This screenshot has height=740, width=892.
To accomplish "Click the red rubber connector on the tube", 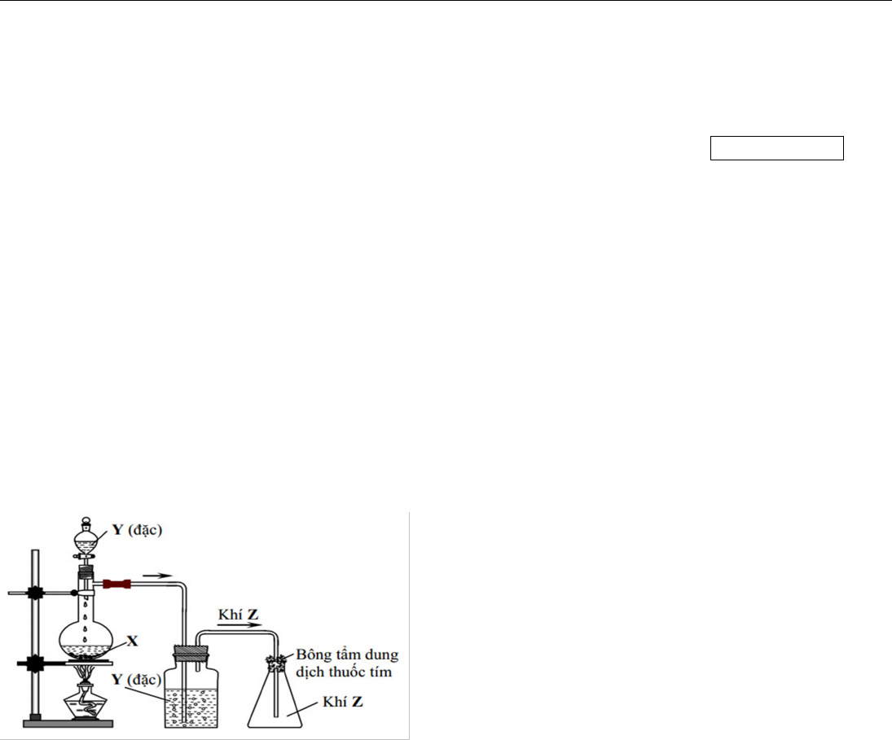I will [x=117, y=584].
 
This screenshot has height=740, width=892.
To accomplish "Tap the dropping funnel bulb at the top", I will [x=87, y=537].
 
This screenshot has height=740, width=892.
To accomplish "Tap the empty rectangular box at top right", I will [x=776, y=148].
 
